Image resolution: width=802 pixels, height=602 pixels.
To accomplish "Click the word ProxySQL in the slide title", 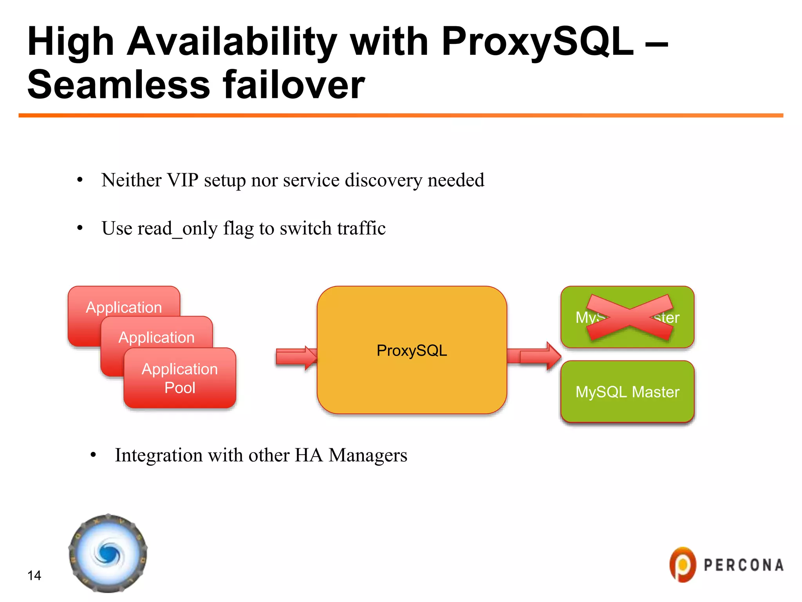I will tap(536, 42).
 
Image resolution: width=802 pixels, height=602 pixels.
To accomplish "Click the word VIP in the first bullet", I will tap(182, 180).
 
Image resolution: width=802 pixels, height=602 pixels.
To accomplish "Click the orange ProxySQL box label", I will tap(412, 350).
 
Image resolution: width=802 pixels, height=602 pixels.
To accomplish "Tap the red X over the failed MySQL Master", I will tap(629, 317).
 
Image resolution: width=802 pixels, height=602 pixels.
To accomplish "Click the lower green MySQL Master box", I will tap(627, 392).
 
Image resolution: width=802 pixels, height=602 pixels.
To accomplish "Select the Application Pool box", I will tap(180, 378).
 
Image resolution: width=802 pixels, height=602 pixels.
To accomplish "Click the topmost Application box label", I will tap(124, 307).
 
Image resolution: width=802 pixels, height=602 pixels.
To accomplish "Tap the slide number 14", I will tap(34, 575).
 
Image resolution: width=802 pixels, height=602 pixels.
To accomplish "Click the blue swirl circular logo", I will tap(108, 553).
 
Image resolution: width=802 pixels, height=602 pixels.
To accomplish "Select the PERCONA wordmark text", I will tap(743, 565).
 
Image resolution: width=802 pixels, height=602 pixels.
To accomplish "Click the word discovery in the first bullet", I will tap(383, 180).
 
